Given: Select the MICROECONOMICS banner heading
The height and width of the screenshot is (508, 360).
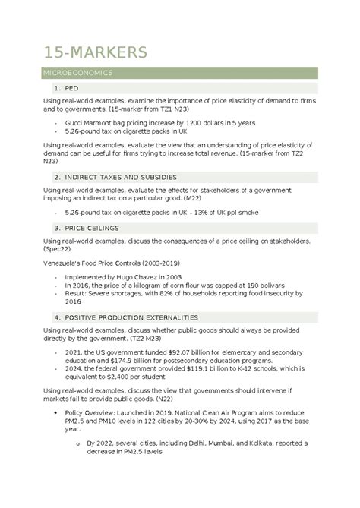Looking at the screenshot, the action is tap(78, 74).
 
